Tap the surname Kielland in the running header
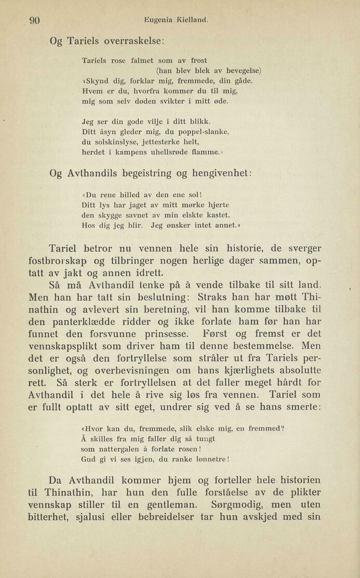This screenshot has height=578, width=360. click(x=192, y=21)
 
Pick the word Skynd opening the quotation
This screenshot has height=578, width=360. click(x=97, y=80)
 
